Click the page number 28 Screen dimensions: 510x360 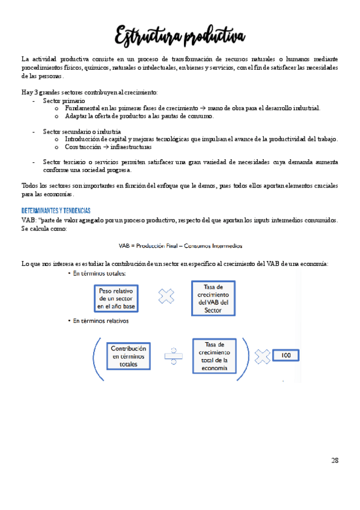coord(335,461)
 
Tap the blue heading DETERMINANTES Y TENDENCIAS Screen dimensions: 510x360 coord(55,211)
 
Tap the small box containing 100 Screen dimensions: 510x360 coord(286,355)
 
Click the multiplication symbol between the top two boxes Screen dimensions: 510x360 coord(166,296)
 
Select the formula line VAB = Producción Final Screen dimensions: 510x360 coord(180,245)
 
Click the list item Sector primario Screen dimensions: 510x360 coord(64,100)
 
